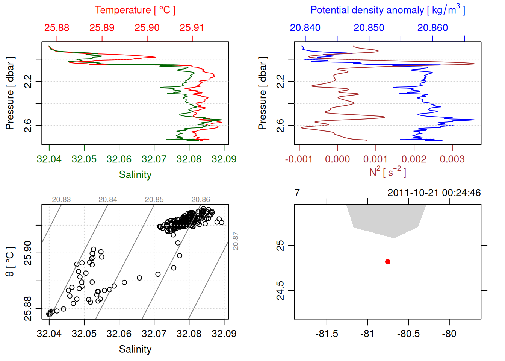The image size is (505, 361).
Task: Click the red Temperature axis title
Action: (x=135, y=10)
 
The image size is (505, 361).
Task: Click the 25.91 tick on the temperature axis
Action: (x=192, y=28)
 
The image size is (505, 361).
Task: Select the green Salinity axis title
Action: (x=135, y=175)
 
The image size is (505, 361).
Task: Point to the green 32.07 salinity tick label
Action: (x=154, y=159)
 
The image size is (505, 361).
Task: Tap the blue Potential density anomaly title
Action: (x=387, y=10)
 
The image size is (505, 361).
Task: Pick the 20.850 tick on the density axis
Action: (x=369, y=28)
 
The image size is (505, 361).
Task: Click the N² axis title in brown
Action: (x=387, y=172)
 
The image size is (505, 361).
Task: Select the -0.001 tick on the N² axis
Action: (x=299, y=159)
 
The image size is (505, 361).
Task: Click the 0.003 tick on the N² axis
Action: (x=452, y=159)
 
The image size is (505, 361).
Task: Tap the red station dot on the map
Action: (x=388, y=262)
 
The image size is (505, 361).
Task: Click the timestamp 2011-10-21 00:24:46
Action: (x=434, y=193)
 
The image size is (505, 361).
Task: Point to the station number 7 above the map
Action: (x=297, y=193)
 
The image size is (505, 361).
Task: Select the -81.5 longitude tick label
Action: (x=327, y=334)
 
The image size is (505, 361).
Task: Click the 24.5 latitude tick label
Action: (x=281, y=291)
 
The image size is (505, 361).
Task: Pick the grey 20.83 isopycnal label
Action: (x=61, y=200)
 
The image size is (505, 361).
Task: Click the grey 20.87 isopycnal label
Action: (x=236, y=241)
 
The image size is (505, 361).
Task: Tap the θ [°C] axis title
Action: (x=10, y=262)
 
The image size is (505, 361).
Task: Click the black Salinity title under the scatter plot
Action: (x=135, y=349)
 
